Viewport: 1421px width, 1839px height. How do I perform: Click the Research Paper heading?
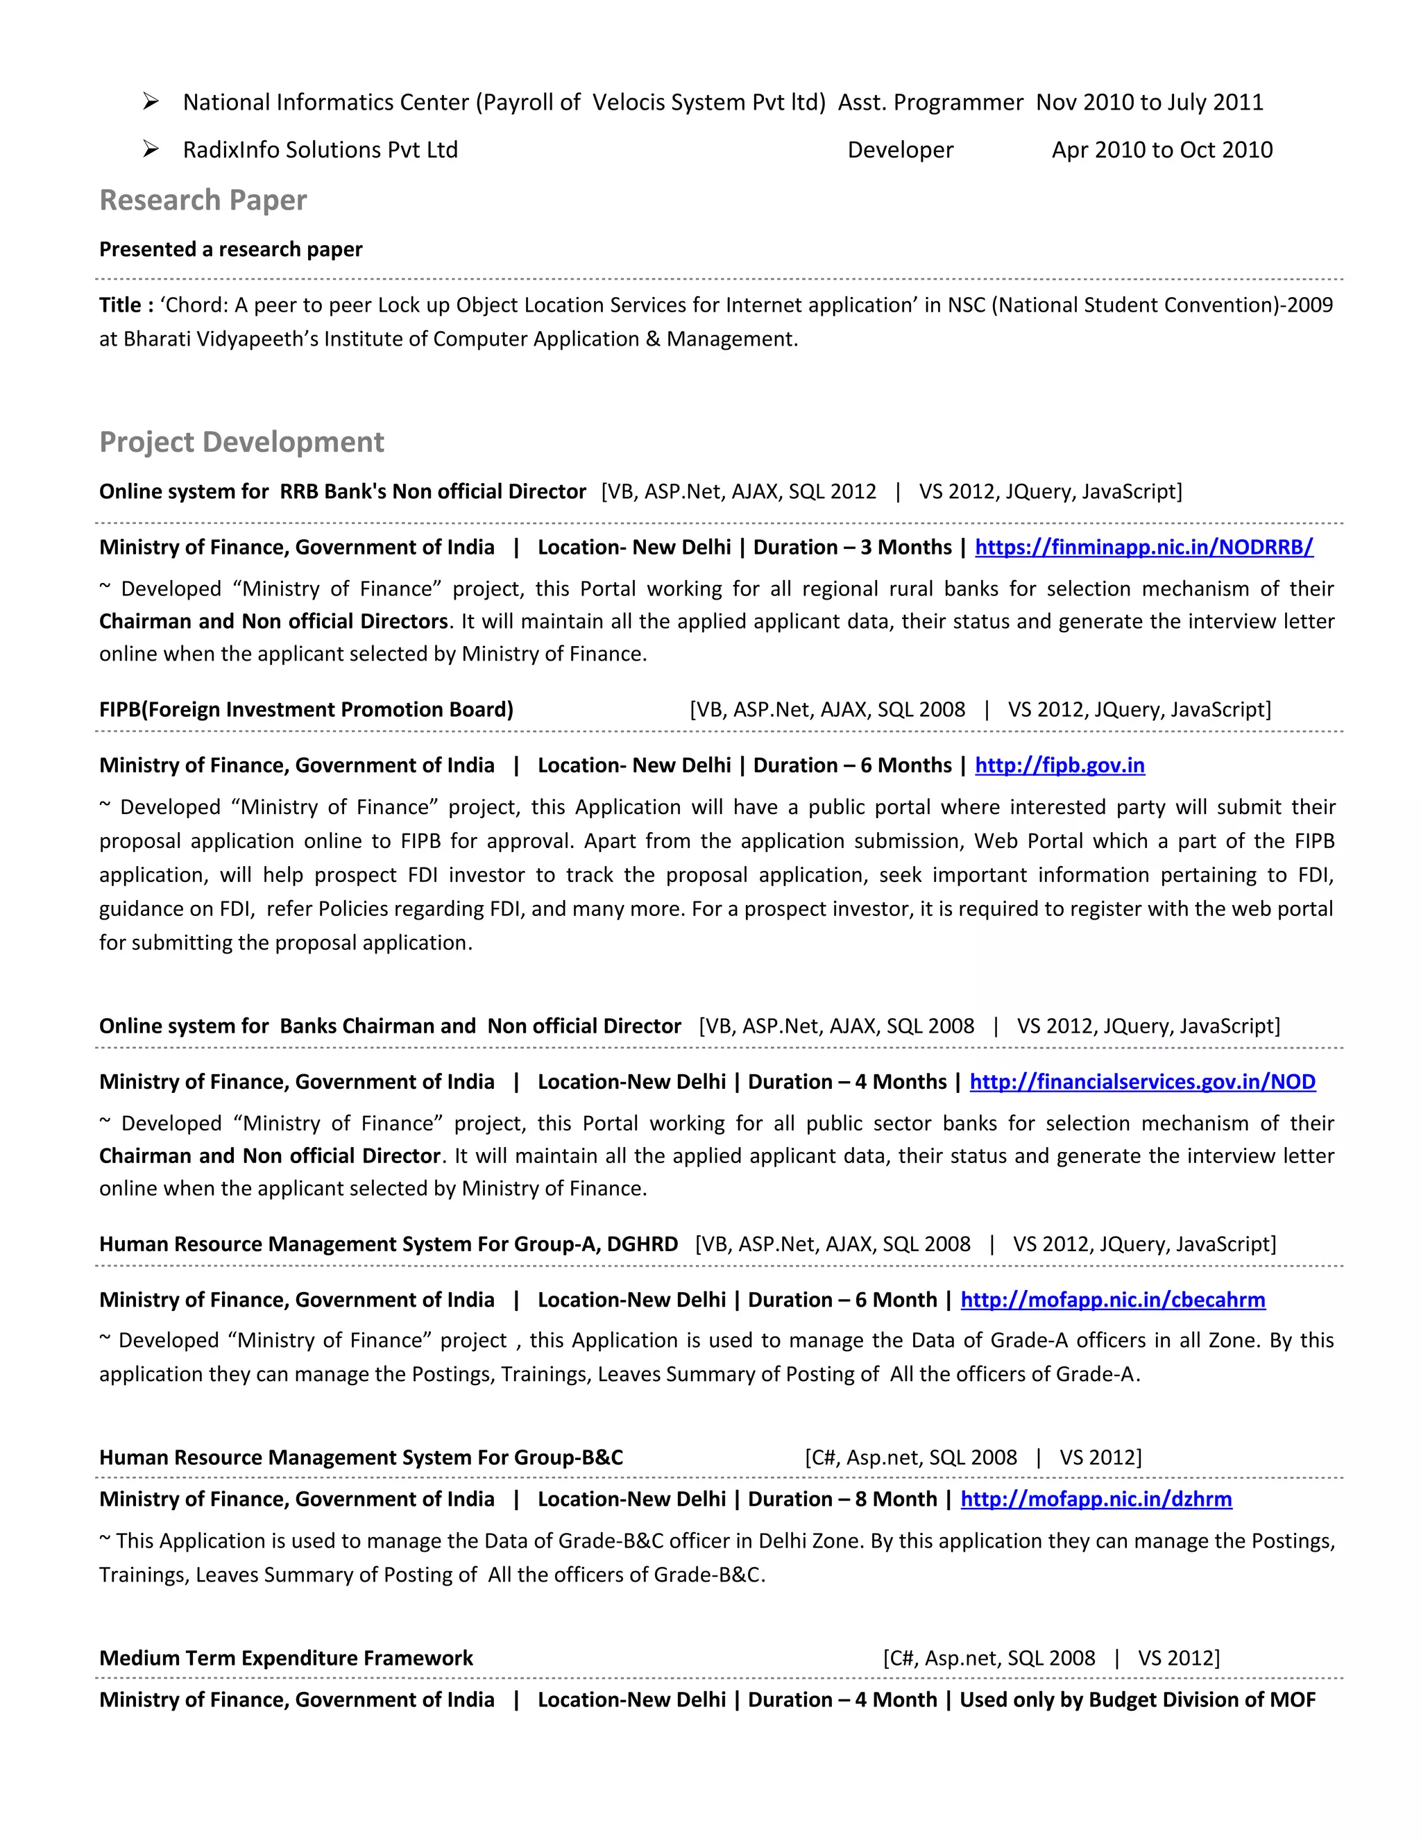click(x=203, y=201)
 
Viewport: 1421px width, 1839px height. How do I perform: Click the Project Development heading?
click(x=241, y=442)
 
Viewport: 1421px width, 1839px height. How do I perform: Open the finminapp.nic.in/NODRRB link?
click(x=1143, y=548)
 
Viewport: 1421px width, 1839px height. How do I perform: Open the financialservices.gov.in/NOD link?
click(x=1141, y=1082)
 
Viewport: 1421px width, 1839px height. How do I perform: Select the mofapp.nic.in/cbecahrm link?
click(x=1112, y=1300)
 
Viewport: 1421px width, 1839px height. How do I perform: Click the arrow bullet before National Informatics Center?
click(x=151, y=102)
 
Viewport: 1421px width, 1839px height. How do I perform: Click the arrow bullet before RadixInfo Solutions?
click(x=151, y=149)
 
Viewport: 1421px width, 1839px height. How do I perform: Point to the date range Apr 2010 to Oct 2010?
click(x=1161, y=150)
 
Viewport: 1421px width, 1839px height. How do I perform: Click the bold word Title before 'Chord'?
click(x=120, y=305)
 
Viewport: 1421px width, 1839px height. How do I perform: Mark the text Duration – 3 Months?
click(x=852, y=548)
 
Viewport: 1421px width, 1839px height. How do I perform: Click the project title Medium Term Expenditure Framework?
click(x=287, y=1658)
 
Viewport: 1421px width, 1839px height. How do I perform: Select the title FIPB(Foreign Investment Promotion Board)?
click(x=307, y=710)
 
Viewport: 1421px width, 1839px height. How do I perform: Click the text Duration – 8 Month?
click(x=842, y=1500)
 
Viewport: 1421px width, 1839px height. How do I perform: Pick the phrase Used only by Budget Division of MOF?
click(x=1137, y=1700)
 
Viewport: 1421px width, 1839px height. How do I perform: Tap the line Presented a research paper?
click(x=230, y=249)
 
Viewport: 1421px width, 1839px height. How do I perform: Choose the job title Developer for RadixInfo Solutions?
click(x=900, y=150)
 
